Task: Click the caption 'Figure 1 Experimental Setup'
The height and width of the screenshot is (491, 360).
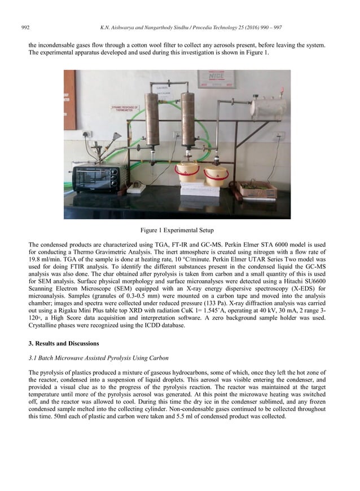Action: [179, 230]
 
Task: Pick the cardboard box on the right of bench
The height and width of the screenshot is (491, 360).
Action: [255, 189]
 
